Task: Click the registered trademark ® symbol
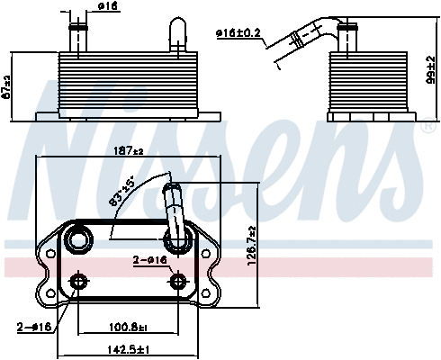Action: pos(425,127)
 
